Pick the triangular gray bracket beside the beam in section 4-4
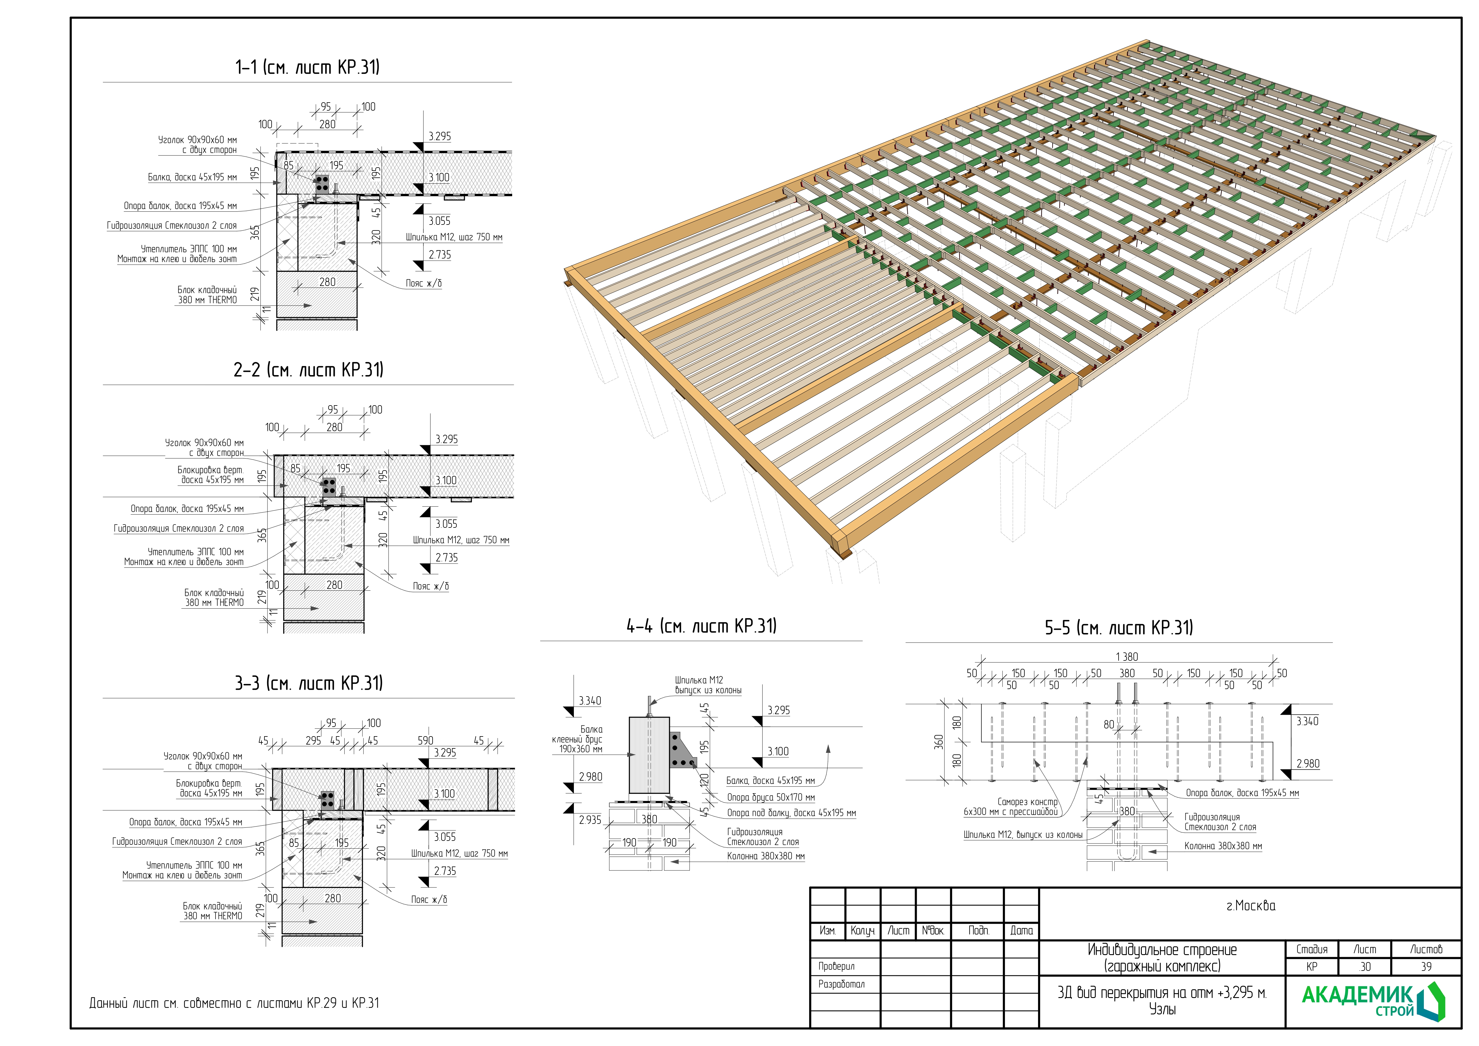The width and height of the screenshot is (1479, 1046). [x=682, y=751]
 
